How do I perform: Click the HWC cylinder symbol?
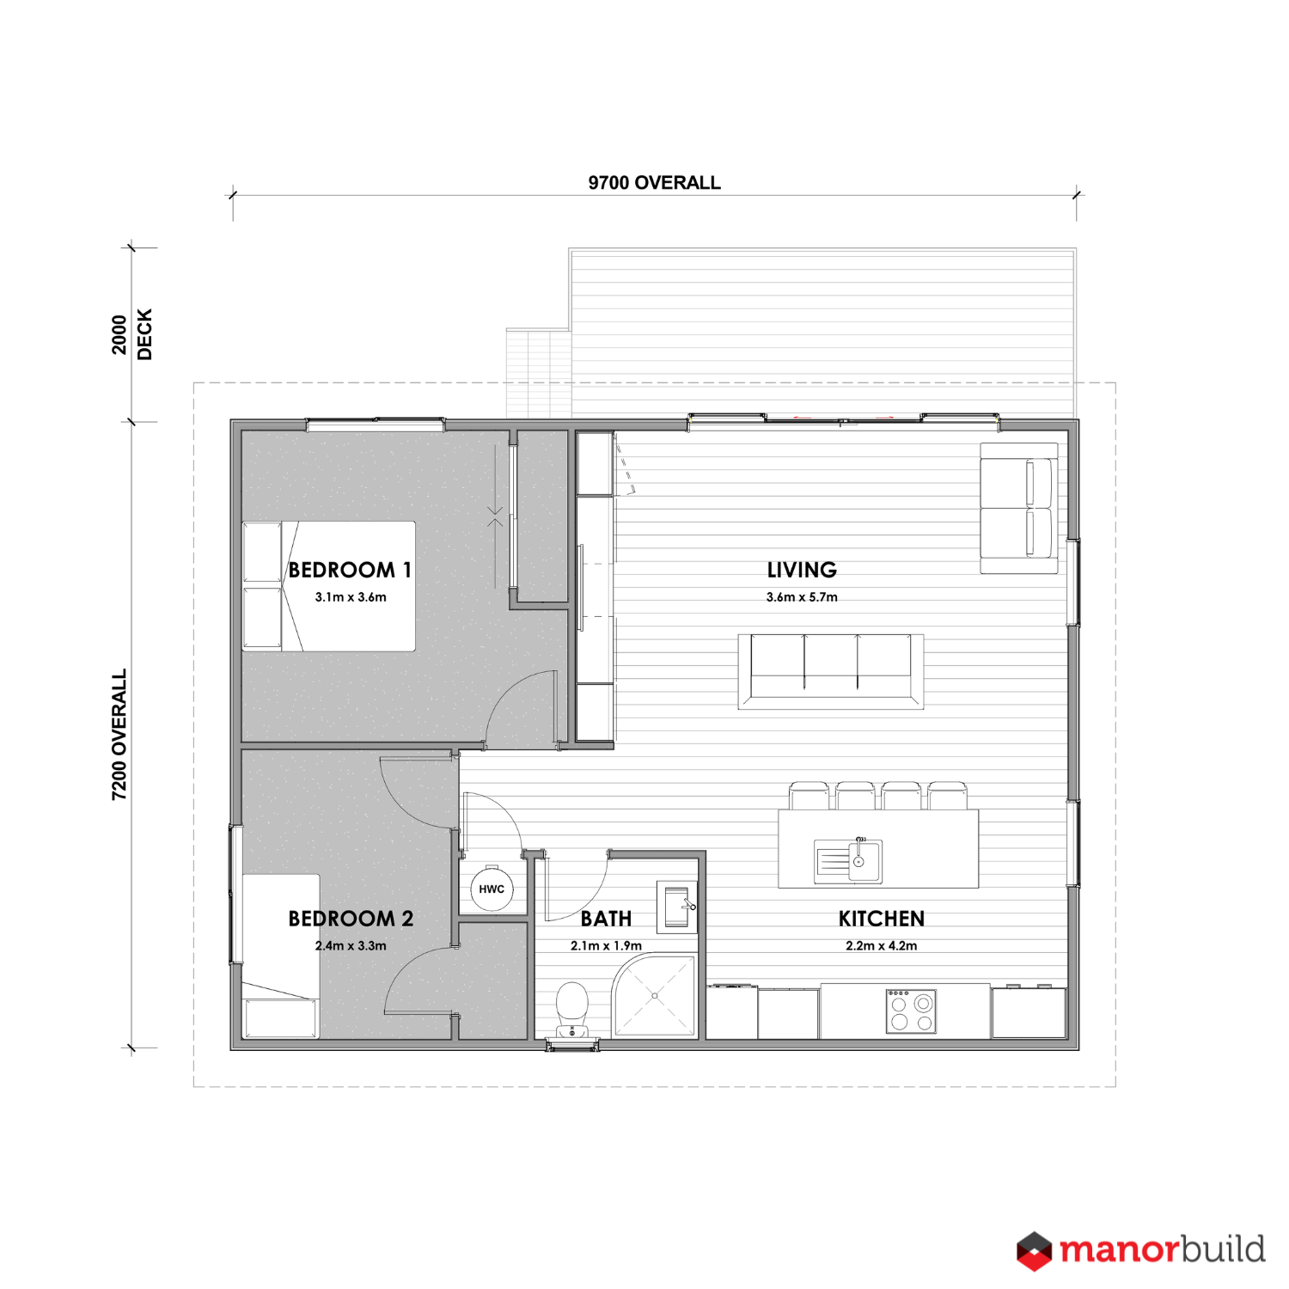tap(492, 889)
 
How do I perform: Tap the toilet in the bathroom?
tap(571, 1011)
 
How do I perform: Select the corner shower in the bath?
tap(655, 996)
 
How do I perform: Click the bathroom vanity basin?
tap(677, 907)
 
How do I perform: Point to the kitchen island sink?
tap(848, 860)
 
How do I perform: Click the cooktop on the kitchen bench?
tap(911, 1011)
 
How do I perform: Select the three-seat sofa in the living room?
tap(831, 671)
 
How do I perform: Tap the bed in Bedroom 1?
tap(329, 586)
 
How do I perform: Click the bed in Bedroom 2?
tap(281, 956)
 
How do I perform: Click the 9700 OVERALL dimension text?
tap(655, 182)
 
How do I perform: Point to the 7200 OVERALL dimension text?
tap(119, 735)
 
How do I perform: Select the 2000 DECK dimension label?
tap(131, 334)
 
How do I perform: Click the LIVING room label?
tap(802, 570)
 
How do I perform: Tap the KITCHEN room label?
tap(882, 919)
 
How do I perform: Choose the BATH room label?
tap(606, 919)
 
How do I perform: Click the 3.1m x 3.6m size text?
tap(351, 597)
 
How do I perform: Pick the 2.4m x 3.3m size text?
tap(351, 946)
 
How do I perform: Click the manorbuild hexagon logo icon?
tap(1034, 1251)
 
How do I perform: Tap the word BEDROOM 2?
tap(351, 919)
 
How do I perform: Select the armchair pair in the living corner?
tap(1019, 508)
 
